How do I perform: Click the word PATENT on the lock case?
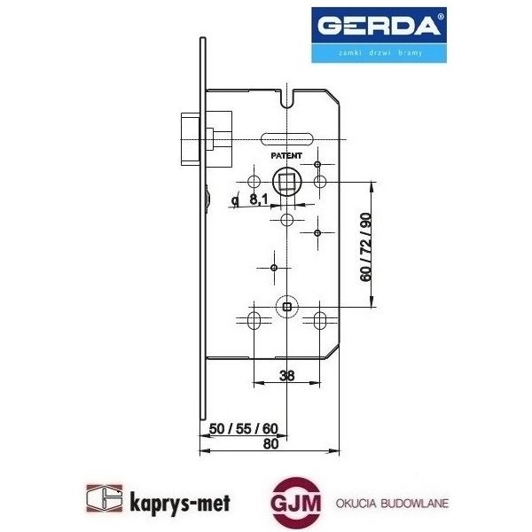286,154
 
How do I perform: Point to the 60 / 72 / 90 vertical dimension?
365,246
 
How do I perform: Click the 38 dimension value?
286,375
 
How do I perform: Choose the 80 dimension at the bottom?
271,445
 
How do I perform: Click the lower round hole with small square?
286,306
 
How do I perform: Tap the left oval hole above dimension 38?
254,319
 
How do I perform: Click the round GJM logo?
292,503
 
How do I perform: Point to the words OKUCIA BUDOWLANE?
392,503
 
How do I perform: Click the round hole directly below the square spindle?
286,219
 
